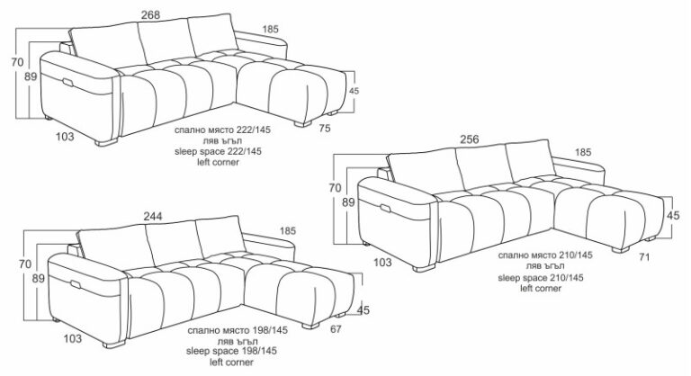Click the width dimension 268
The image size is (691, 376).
click(151, 14)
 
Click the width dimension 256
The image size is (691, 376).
click(470, 139)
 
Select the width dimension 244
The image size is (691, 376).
click(152, 216)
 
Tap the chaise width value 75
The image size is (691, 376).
click(325, 129)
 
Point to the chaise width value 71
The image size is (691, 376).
click(644, 257)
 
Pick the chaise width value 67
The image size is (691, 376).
click(336, 329)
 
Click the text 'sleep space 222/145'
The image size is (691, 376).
click(218, 152)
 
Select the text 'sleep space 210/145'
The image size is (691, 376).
click(541, 278)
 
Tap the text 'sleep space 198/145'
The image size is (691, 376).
click(231, 352)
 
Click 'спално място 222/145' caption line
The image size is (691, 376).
click(222, 130)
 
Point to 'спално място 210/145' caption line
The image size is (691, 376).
click(545, 255)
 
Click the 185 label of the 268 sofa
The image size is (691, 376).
click(271, 29)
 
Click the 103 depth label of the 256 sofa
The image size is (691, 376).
click(382, 263)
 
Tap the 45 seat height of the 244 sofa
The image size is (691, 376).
click(363, 310)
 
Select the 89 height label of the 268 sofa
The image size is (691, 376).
click(31, 76)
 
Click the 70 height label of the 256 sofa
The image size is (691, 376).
click(335, 188)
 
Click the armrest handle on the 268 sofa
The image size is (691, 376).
click(68, 83)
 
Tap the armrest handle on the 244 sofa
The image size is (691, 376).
click(76, 284)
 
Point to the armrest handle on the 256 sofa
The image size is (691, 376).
click(386, 209)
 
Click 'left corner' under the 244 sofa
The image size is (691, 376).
click(231, 363)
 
